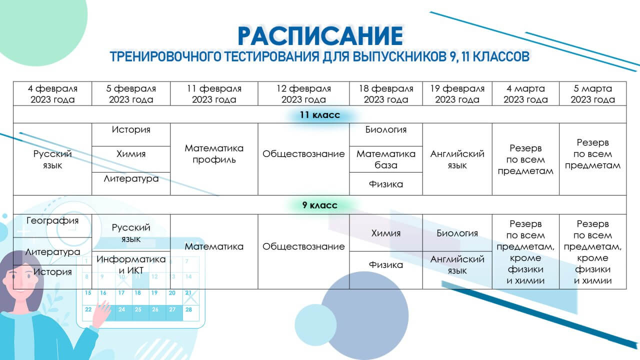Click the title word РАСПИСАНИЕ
point(320,35)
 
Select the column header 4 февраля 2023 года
point(52,94)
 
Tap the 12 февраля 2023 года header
point(303,94)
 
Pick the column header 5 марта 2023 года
point(592,94)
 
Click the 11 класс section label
point(320,115)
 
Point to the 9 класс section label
point(320,205)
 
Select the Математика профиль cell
point(214,154)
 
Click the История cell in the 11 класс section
point(131,130)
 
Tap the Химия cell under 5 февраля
point(131,154)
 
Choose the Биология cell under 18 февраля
point(386,130)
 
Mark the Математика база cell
point(386,159)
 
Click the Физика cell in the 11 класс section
point(386,184)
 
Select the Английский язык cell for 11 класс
point(457,159)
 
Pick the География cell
point(52,220)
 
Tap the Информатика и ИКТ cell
point(131,264)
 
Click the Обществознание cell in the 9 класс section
point(303,246)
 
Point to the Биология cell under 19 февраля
point(457,233)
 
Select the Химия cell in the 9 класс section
point(386,233)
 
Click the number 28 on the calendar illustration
point(188,309)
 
